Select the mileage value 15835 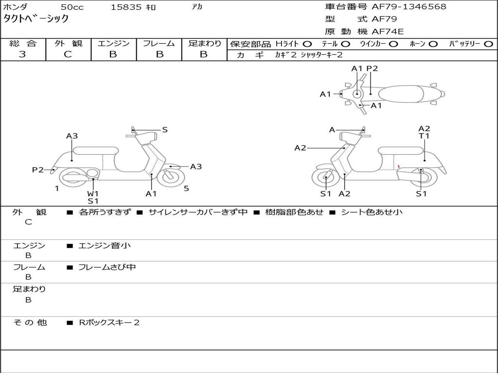(126, 7)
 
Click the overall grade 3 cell (22, 54)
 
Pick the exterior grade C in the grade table (68, 54)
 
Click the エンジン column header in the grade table (113, 44)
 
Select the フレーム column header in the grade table (159, 44)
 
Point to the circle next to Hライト (307, 44)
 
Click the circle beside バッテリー (488, 44)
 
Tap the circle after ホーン (433, 44)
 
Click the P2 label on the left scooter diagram (37, 170)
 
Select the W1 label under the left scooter (93, 193)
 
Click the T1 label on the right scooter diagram (424, 136)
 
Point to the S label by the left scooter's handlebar (165, 130)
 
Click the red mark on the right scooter (399, 167)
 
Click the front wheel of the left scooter (171, 176)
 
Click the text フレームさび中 (107, 267)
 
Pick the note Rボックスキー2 (109, 322)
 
